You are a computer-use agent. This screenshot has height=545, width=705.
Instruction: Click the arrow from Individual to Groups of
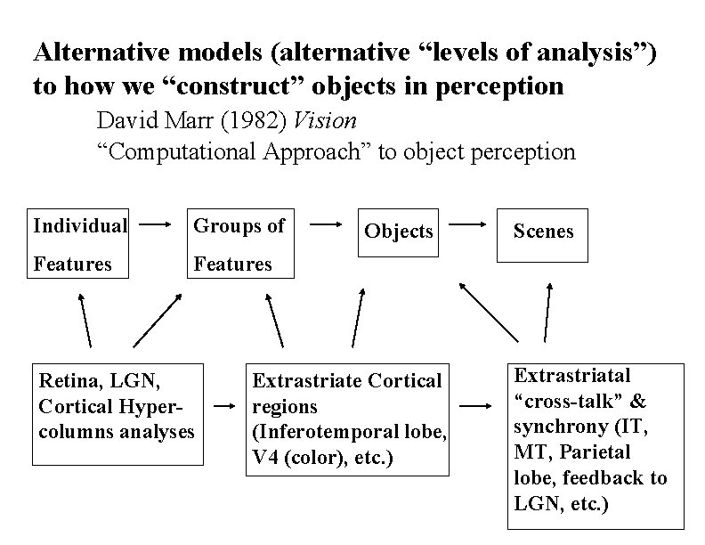tap(158, 226)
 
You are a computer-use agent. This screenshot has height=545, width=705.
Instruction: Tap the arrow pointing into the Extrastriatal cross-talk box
tap(479, 407)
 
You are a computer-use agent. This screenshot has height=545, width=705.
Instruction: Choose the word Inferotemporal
tap(316, 432)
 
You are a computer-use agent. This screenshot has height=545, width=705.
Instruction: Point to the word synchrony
tap(555, 427)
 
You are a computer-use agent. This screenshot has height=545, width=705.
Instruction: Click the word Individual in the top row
tap(80, 226)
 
